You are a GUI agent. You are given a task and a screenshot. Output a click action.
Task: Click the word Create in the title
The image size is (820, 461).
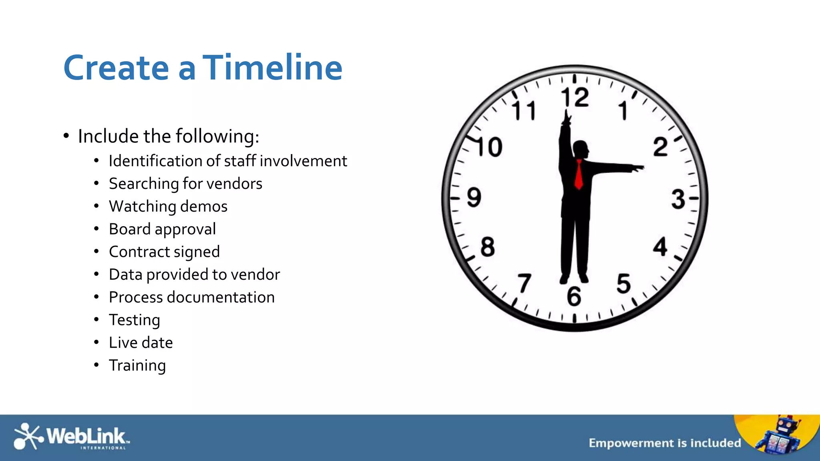[x=116, y=68]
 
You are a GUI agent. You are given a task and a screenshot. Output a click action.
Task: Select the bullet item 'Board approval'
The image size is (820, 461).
[x=162, y=229]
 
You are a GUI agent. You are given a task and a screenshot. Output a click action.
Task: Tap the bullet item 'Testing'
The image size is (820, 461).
[x=135, y=320]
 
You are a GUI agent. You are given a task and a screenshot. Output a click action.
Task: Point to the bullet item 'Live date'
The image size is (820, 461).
[x=141, y=343]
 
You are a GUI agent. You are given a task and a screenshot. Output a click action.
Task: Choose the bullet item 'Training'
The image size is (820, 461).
[x=137, y=366]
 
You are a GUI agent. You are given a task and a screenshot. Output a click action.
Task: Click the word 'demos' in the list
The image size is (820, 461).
[x=204, y=206]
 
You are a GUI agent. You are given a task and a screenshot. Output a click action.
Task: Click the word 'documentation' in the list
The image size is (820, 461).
[x=221, y=297]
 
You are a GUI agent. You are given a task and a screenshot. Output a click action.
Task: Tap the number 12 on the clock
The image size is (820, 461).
[x=575, y=98]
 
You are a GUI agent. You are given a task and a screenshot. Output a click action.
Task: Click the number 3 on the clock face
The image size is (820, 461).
[x=678, y=199]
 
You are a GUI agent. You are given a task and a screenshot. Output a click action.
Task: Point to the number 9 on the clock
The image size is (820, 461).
[x=474, y=197]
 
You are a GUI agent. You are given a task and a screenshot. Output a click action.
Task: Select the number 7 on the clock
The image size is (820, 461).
[x=524, y=283]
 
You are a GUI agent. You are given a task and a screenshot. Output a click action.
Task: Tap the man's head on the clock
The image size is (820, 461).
[x=581, y=150]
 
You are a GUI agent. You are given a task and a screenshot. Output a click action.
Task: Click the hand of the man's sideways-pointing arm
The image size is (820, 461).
[x=637, y=168]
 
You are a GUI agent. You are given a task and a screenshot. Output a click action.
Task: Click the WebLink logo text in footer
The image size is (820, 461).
[x=86, y=436]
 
